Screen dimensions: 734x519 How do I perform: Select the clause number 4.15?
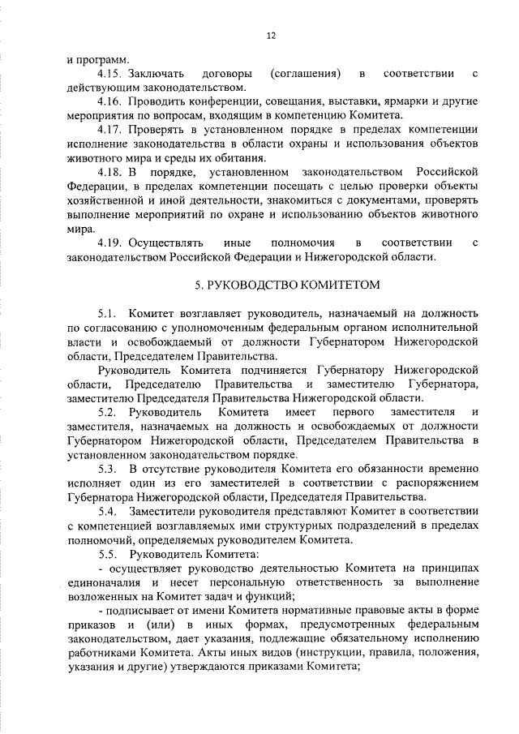click(x=109, y=75)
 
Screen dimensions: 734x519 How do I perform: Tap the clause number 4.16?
click(x=109, y=103)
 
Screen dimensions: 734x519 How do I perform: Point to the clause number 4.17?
click(x=109, y=131)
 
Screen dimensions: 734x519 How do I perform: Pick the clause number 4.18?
click(x=109, y=173)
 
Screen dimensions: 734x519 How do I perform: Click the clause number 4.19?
click(x=109, y=243)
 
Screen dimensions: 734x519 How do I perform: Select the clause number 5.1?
click(x=108, y=313)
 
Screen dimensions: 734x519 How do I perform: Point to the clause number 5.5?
click(x=108, y=553)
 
